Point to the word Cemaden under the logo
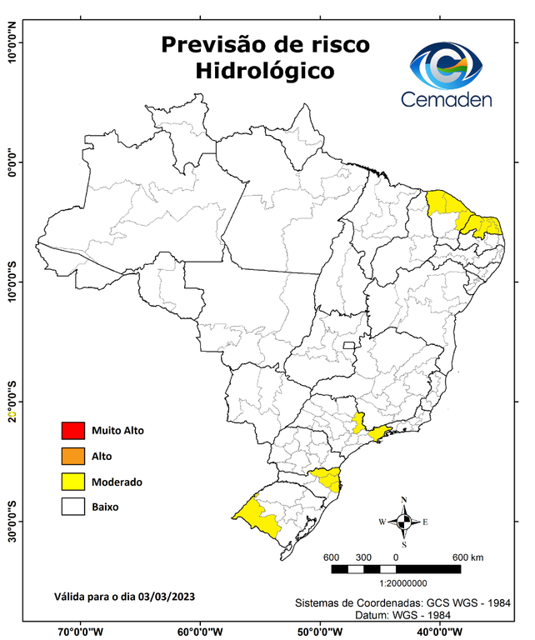pyautogui.click(x=446, y=100)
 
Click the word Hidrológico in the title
pyautogui.click(x=265, y=72)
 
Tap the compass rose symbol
pyautogui.click(x=404, y=522)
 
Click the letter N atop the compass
pyautogui.click(x=404, y=501)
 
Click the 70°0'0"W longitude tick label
pyautogui.click(x=81, y=631)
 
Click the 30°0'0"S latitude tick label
pyautogui.click(x=12, y=521)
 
